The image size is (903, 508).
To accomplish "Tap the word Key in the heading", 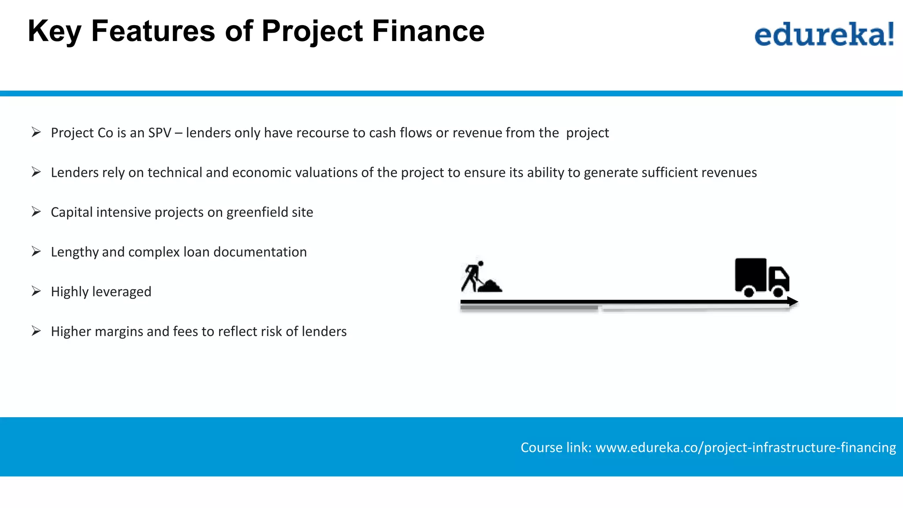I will (x=54, y=32).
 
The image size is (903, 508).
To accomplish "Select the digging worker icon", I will (x=472, y=276).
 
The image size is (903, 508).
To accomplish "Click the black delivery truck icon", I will (x=761, y=277).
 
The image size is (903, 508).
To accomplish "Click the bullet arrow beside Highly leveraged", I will (x=36, y=291).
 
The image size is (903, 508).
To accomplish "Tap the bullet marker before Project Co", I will (x=36, y=132).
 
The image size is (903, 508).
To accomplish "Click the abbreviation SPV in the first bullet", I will (x=160, y=133).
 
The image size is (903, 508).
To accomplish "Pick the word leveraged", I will (x=122, y=292).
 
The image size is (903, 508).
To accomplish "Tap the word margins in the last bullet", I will (x=118, y=332).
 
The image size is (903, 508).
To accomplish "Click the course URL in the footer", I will (x=746, y=447).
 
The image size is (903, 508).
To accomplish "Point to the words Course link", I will (x=556, y=447).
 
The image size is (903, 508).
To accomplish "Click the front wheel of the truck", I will (x=778, y=292).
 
